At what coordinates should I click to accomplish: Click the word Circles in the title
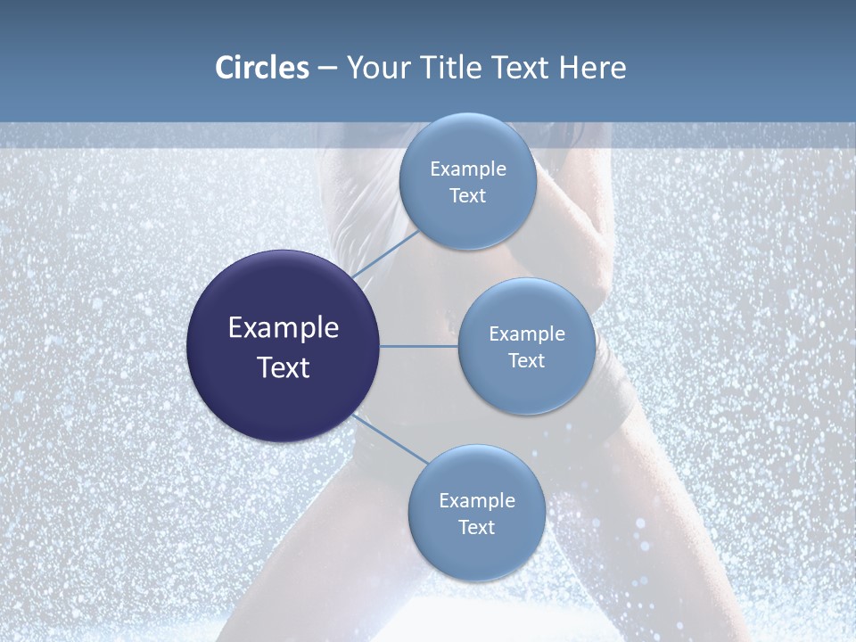[262, 68]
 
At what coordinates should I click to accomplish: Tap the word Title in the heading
[445, 68]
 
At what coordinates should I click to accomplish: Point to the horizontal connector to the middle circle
[419, 346]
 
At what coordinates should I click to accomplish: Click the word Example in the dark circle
[284, 328]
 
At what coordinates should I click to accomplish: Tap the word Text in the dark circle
[284, 367]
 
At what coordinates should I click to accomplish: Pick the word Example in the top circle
[468, 169]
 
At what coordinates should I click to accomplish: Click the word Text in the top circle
[467, 196]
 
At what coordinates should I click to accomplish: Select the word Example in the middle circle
[527, 334]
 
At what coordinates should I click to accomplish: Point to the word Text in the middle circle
[526, 361]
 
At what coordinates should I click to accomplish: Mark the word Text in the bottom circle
[476, 528]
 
